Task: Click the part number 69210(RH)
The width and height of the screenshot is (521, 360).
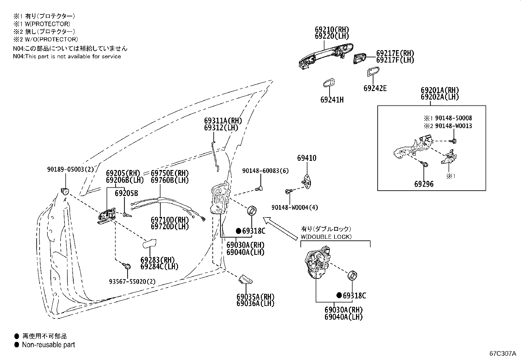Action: [332, 29]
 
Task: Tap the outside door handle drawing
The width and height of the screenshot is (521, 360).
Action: [326, 56]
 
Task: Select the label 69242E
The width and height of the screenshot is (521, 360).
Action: [375, 88]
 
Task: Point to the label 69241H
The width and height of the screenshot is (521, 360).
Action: [332, 100]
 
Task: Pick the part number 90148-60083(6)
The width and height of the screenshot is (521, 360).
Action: [265, 171]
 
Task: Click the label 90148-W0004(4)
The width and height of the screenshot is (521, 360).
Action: [295, 207]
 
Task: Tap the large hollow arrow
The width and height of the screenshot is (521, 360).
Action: [280, 228]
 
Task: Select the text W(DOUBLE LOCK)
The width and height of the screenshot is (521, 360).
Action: [326, 237]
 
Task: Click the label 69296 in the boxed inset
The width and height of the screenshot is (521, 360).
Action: [424, 184]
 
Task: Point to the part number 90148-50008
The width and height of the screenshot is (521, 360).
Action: [454, 118]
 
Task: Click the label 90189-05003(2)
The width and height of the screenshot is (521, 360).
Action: [70, 169]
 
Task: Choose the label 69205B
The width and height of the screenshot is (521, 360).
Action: [126, 193]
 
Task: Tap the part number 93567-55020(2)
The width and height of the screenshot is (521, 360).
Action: [132, 281]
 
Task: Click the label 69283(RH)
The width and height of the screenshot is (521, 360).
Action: [157, 260]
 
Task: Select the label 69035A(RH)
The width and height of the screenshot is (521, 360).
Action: [255, 297]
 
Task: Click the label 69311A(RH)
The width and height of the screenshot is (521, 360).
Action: [223, 121]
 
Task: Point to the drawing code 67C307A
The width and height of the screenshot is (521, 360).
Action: [502, 353]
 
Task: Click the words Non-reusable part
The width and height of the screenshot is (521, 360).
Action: [48, 345]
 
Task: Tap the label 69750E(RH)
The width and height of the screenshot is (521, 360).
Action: [170, 173]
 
